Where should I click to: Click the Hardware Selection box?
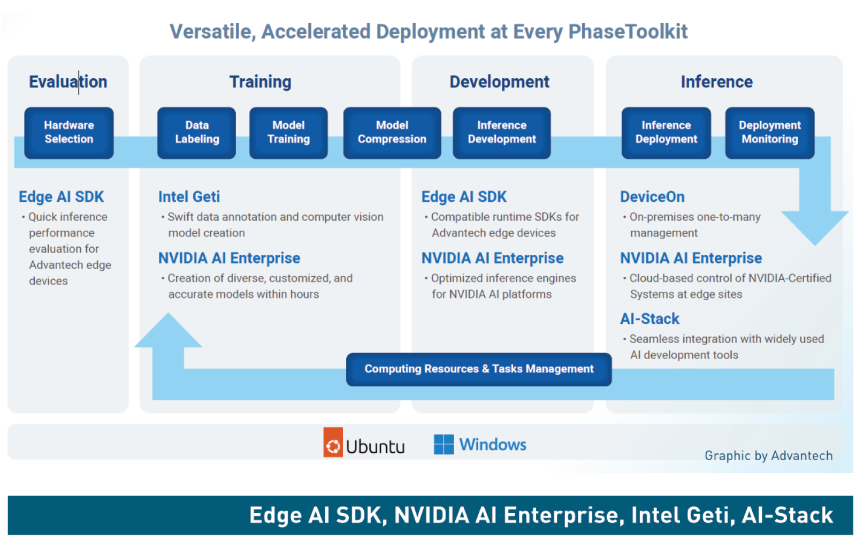tap(69, 132)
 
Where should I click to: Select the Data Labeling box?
tap(196, 132)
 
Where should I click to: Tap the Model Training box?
tap(288, 132)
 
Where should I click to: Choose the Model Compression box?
tap(392, 132)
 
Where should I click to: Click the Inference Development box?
tap(501, 132)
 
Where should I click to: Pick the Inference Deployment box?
tap(666, 132)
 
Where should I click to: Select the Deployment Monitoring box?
tap(769, 132)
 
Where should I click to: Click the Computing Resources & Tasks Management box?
tap(479, 369)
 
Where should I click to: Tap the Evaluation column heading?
tap(68, 82)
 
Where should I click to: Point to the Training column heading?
tap(261, 82)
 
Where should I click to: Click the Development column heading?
tap(499, 82)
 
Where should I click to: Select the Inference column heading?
tap(716, 82)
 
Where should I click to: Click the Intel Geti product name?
tap(189, 197)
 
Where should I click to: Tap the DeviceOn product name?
tap(652, 197)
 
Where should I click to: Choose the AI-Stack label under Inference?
tap(649, 319)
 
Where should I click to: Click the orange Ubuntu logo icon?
tap(333, 442)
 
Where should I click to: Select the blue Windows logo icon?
tap(444, 444)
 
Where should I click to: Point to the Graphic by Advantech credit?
tap(768, 455)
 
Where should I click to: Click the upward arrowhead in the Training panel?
tap(168, 332)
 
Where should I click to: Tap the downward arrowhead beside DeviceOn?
tap(815, 225)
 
